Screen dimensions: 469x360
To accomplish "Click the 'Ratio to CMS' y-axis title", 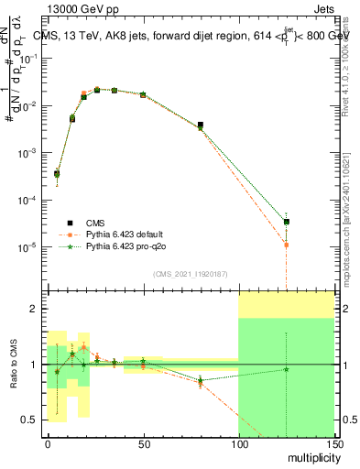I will (x=13, y=365).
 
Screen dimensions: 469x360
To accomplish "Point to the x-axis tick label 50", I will (x=143, y=442).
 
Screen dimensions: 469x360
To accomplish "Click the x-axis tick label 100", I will (x=238, y=442).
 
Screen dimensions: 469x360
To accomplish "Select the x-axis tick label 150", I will (x=333, y=442).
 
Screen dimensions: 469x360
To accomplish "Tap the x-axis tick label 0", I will (x=48, y=442).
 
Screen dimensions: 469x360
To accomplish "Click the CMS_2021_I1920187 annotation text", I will (x=190, y=274).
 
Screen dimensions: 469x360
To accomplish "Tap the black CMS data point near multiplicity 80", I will (x=201, y=125).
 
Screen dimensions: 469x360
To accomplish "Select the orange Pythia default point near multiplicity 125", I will (x=287, y=245).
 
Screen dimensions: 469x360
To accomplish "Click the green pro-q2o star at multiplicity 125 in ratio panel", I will (x=287, y=369).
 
